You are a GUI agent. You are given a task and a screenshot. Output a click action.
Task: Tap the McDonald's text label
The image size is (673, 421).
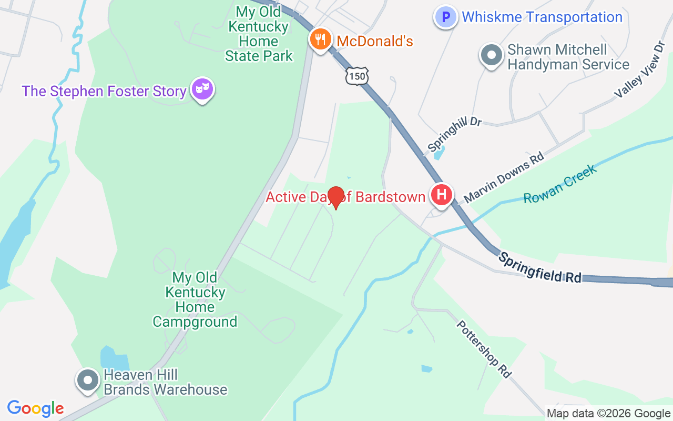pyautogui.click(x=374, y=41)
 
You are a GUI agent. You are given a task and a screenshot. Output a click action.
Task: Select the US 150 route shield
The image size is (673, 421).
pyautogui.click(x=356, y=77)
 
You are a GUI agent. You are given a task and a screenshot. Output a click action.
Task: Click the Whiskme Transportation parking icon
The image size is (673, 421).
pyautogui.click(x=445, y=17)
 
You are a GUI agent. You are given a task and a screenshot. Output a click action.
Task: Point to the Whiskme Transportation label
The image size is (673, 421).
pyautogui.click(x=542, y=17)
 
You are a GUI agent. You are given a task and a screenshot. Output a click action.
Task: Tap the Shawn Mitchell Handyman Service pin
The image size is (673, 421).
pyautogui.click(x=492, y=55)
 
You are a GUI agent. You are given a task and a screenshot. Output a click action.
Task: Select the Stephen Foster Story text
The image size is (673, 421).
pyautogui.click(x=104, y=91)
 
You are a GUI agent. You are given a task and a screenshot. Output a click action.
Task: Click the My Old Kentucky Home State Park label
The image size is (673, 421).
pyautogui.click(x=259, y=34)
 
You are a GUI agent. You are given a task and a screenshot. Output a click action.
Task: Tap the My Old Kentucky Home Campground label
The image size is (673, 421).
pyautogui.click(x=195, y=299)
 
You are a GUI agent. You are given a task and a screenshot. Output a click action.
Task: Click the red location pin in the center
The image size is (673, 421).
pyautogui.click(x=335, y=198)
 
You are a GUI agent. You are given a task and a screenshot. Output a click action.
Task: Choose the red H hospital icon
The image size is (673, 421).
pyautogui.click(x=442, y=195)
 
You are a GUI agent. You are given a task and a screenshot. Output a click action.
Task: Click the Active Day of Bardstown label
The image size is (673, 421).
pyautogui.click(x=345, y=197)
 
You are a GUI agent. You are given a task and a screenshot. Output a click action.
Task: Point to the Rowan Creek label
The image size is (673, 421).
pyautogui.click(x=560, y=183)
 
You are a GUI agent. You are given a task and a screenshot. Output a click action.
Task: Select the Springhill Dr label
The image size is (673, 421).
pyautogui.click(x=454, y=134)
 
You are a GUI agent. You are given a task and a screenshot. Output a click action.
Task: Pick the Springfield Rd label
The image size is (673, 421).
pyautogui.click(x=541, y=268)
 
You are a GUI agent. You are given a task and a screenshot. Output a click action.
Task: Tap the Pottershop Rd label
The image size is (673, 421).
pyautogui.click(x=483, y=349)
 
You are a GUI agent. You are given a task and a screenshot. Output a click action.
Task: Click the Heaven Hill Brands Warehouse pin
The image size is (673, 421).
pyautogui.click(x=88, y=380)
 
